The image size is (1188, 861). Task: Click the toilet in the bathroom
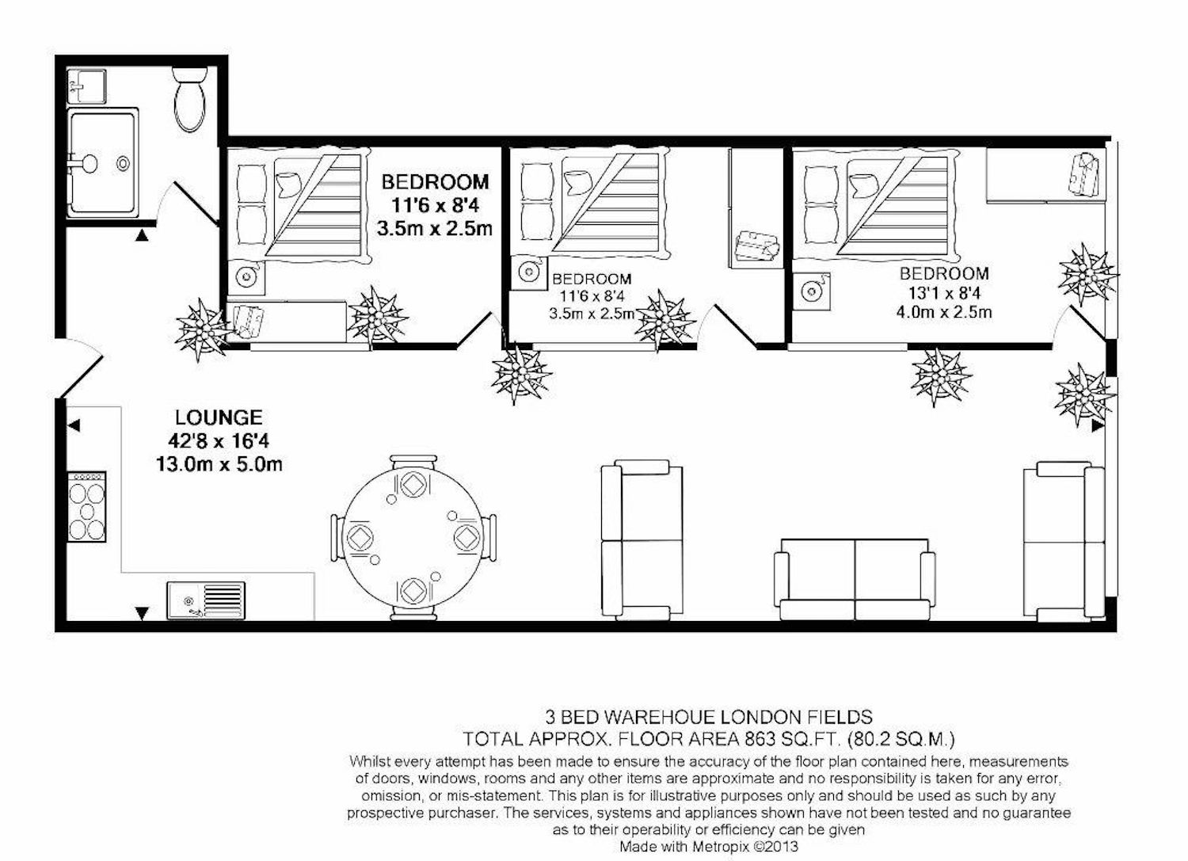(188, 100)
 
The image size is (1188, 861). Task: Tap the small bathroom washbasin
(86, 86)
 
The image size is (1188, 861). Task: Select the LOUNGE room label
(219, 417)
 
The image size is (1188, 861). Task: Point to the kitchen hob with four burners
(86, 507)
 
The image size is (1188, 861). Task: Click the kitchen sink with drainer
(206, 600)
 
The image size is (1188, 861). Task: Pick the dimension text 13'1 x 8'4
(945, 293)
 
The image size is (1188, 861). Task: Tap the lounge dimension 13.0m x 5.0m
(219, 465)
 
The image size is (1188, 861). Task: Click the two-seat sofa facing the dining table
(642, 537)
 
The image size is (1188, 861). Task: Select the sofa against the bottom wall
(855, 579)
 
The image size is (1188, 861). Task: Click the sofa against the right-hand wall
(1064, 542)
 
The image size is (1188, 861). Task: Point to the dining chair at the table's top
(413, 463)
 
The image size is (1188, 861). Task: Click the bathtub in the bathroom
(103, 162)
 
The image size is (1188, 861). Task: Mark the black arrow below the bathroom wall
(141, 235)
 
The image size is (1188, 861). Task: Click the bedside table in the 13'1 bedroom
(812, 291)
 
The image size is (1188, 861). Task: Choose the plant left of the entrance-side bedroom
(203, 330)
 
